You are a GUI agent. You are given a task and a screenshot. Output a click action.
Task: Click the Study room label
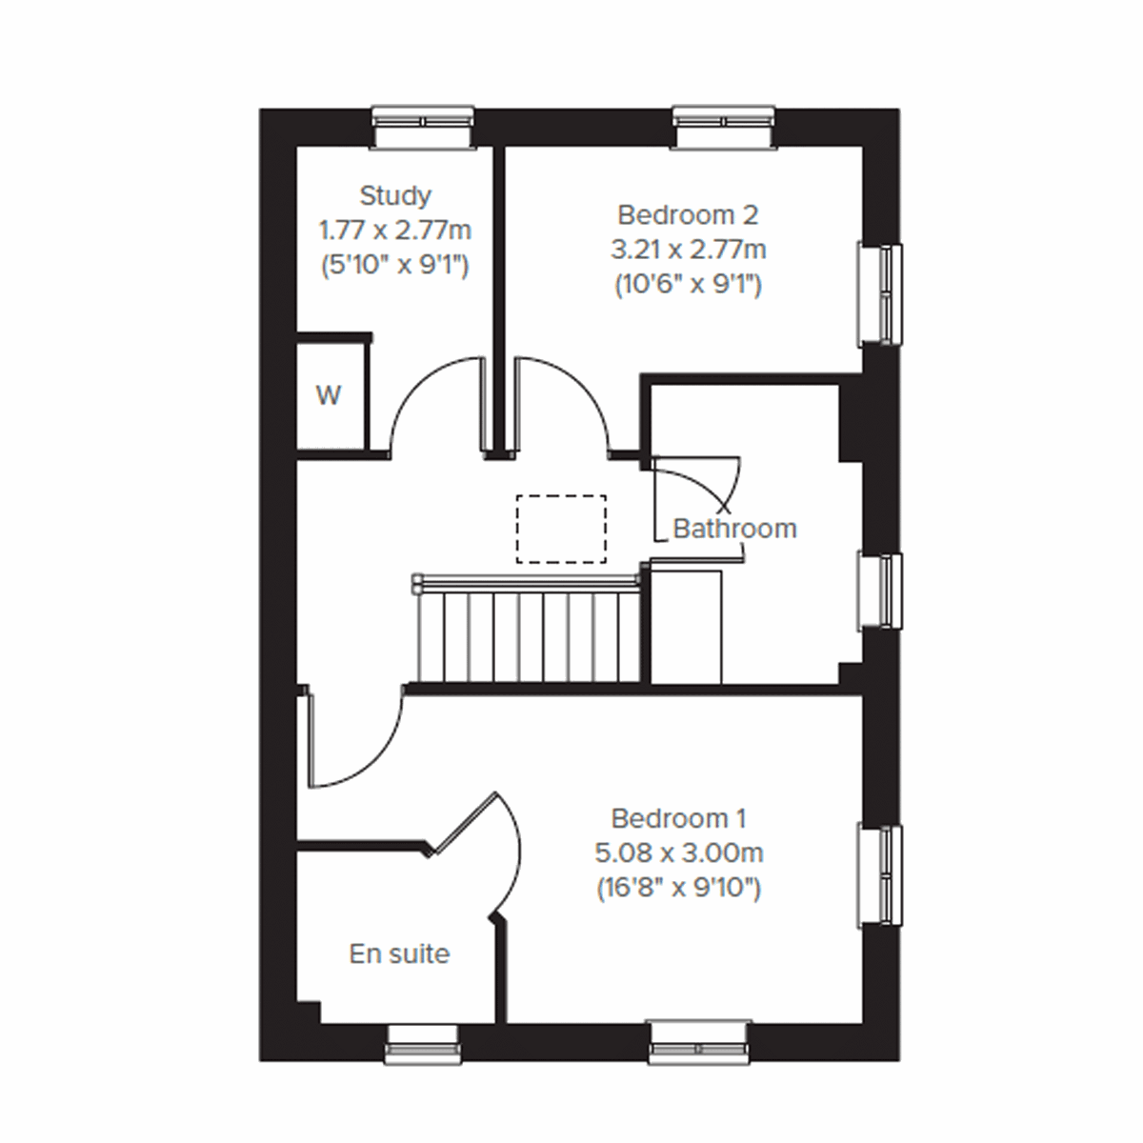pyautogui.click(x=395, y=196)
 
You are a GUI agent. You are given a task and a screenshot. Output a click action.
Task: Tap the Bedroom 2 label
pyautogui.click(x=688, y=215)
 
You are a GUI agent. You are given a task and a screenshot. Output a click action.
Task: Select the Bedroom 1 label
pyautogui.click(x=678, y=818)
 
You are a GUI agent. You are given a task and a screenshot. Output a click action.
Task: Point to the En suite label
pyautogui.click(x=399, y=953)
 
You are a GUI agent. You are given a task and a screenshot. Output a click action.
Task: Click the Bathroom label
pyautogui.click(x=734, y=529)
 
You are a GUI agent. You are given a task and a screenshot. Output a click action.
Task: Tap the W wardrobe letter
pyautogui.click(x=329, y=395)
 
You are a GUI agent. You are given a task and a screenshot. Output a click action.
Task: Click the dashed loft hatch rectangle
pyautogui.click(x=561, y=529)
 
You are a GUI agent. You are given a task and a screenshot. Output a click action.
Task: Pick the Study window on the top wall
pyautogui.click(x=423, y=127)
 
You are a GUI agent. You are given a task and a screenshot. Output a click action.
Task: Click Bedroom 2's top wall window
pyautogui.click(x=725, y=127)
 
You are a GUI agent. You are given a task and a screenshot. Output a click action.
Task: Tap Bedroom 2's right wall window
pyautogui.click(x=880, y=294)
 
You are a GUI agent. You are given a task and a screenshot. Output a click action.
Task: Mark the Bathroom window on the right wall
pyautogui.click(x=880, y=591)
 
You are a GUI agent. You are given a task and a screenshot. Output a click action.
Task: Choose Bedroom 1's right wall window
pyautogui.click(x=880, y=875)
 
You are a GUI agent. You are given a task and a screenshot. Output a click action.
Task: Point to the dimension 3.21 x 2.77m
pyautogui.click(x=688, y=251)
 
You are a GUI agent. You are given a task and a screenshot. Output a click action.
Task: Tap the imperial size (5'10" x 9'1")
pyautogui.click(x=395, y=266)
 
